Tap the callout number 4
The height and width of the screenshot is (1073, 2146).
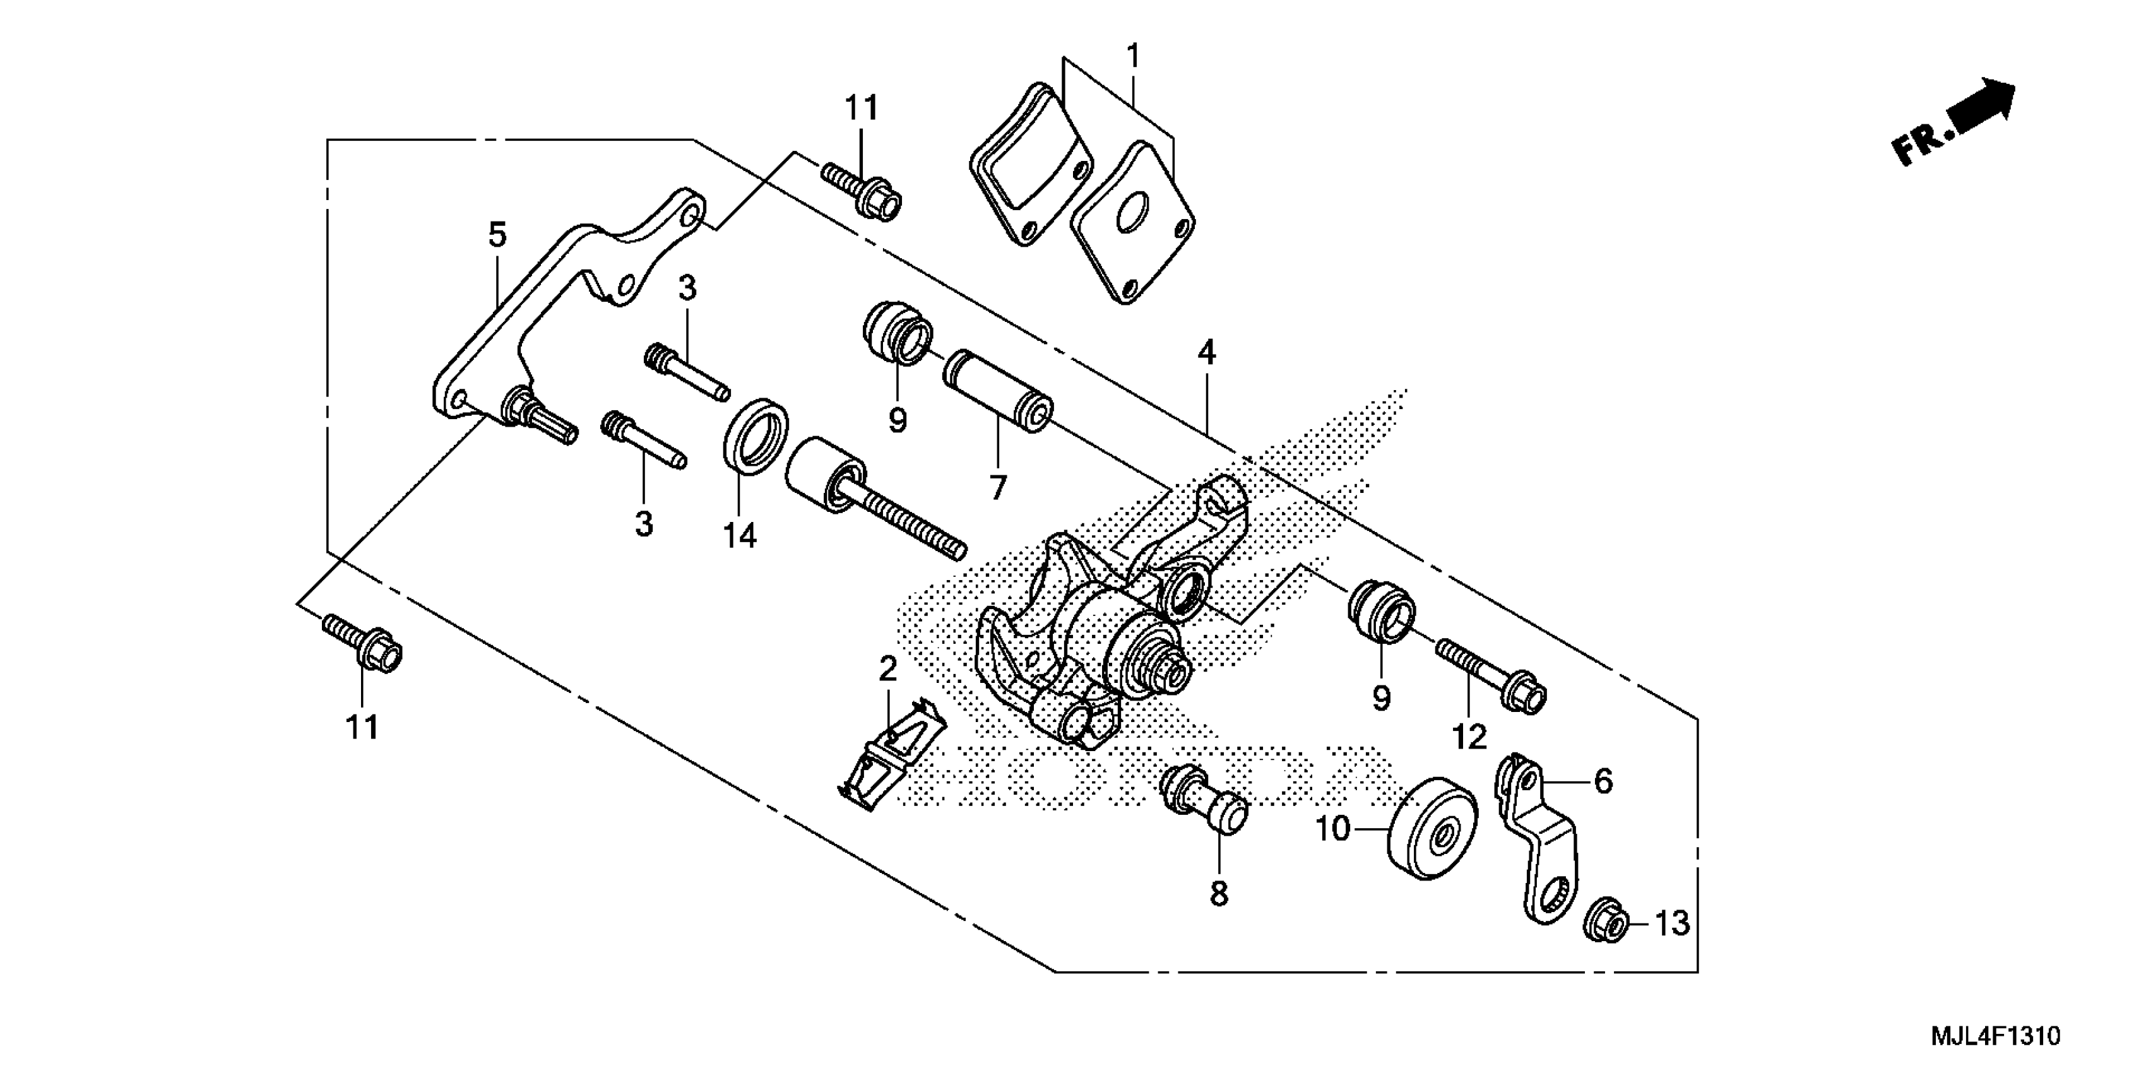(x=1206, y=354)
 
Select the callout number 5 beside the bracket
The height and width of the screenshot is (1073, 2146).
(x=497, y=236)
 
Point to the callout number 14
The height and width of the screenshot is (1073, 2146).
(x=740, y=536)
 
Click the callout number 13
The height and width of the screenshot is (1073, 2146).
(x=1671, y=923)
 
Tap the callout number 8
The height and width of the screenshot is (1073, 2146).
(x=1219, y=894)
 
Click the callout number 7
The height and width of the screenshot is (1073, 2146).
(x=998, y=487)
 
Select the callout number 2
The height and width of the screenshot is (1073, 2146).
(x=888, y=668)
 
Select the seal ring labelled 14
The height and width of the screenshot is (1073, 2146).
(x=756, y=437)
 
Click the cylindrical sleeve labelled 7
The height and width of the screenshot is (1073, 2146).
(x=997, y=390)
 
